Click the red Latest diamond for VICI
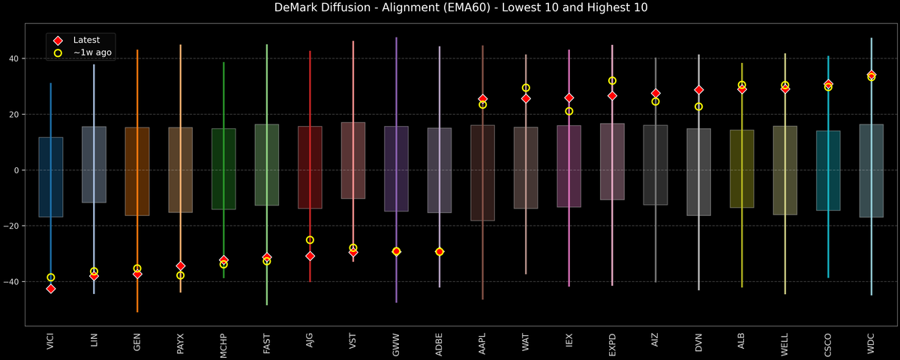click(51, 289)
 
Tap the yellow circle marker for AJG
click(310, 240)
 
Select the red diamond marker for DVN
click(699, 90)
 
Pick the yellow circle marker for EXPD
click(612, 80)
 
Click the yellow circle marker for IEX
click(569, 111)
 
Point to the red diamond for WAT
click(526, 98)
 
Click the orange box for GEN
click(137, 172)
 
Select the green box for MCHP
click(223, 169)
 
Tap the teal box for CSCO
click(828, 170)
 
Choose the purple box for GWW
click(396, 169)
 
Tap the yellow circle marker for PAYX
click(180, 275)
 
